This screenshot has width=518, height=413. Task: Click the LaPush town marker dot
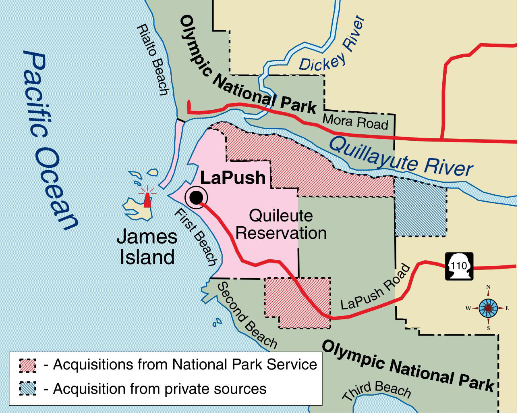click(x=196, y=197)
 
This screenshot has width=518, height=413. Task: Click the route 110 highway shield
click(x=459, y=266)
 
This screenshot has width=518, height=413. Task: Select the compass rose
click(x=488, y=309)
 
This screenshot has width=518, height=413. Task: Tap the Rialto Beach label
click(x=153, y=59)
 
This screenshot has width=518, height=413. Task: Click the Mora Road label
click(x=355, y=121)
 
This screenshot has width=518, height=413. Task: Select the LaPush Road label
click(x=375, y=288)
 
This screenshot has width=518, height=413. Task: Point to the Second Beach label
click(x=247, y=315)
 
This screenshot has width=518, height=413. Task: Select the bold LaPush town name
click(x=233, y=178)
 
